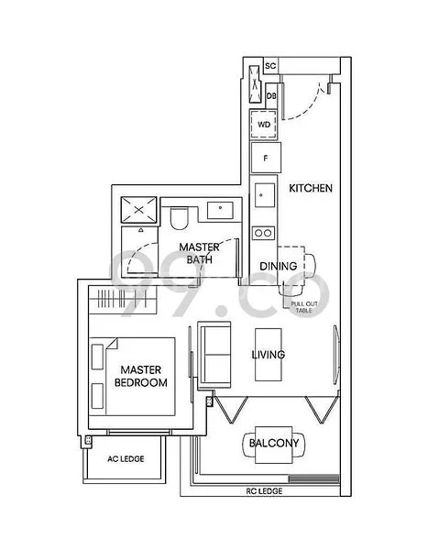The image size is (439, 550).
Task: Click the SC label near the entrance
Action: point(270,66)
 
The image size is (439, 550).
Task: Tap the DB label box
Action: point(271,94)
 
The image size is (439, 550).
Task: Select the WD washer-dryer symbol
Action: point(264,124)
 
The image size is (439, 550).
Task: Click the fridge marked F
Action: point(265,157)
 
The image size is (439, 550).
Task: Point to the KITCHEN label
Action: point(310,188)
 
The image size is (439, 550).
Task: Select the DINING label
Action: point(278,267)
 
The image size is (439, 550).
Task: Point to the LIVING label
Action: point(269,355)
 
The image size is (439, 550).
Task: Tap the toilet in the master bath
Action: point(179,218)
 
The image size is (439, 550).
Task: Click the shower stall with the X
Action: point(139,211)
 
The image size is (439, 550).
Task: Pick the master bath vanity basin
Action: point(219,210)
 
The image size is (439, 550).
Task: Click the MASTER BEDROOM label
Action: point(139,376)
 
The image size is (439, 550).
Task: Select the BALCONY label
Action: point(274,444)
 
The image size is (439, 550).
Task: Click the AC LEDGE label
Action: point(124,458)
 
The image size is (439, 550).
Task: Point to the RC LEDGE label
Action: point(264,492)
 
